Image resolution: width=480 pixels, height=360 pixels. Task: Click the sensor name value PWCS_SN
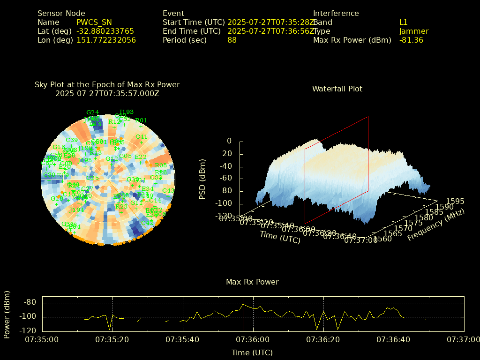94,22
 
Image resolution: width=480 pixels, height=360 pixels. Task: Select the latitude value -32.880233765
105,31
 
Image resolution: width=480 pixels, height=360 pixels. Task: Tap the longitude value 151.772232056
106,40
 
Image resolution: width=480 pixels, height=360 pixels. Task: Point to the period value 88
232,40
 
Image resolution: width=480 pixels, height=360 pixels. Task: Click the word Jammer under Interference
413,31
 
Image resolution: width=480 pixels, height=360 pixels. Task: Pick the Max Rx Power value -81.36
411,40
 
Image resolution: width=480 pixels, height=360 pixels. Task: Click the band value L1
403,22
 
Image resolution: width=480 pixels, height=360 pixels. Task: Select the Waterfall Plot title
337,89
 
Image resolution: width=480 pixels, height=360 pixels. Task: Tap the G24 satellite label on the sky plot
93,112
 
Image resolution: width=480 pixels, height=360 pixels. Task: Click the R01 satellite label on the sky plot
141,120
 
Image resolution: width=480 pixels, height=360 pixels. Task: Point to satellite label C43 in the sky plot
168,190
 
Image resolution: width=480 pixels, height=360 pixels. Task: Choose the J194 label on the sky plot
76,210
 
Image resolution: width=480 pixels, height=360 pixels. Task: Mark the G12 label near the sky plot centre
112,159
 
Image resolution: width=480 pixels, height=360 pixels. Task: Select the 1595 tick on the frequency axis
455,201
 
